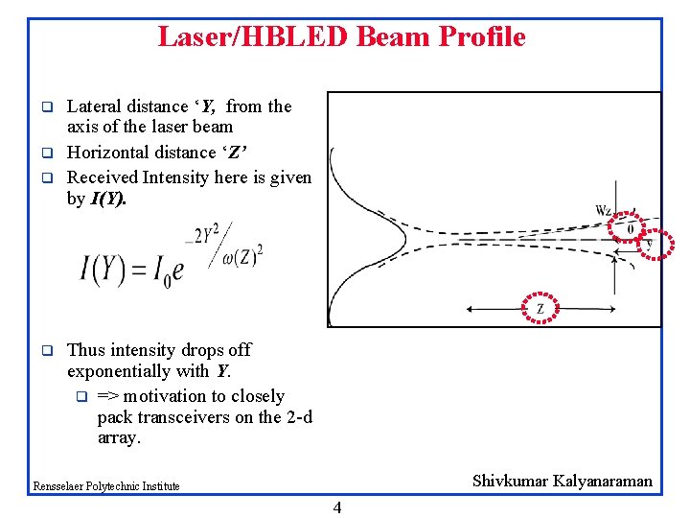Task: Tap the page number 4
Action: pos(336,507)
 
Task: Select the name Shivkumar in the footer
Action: pos(510,482)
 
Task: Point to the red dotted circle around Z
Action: pos(540,308)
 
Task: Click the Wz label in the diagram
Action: pos(603,211)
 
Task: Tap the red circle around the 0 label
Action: pos(630,227)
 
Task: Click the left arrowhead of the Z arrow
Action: pos(469,308)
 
